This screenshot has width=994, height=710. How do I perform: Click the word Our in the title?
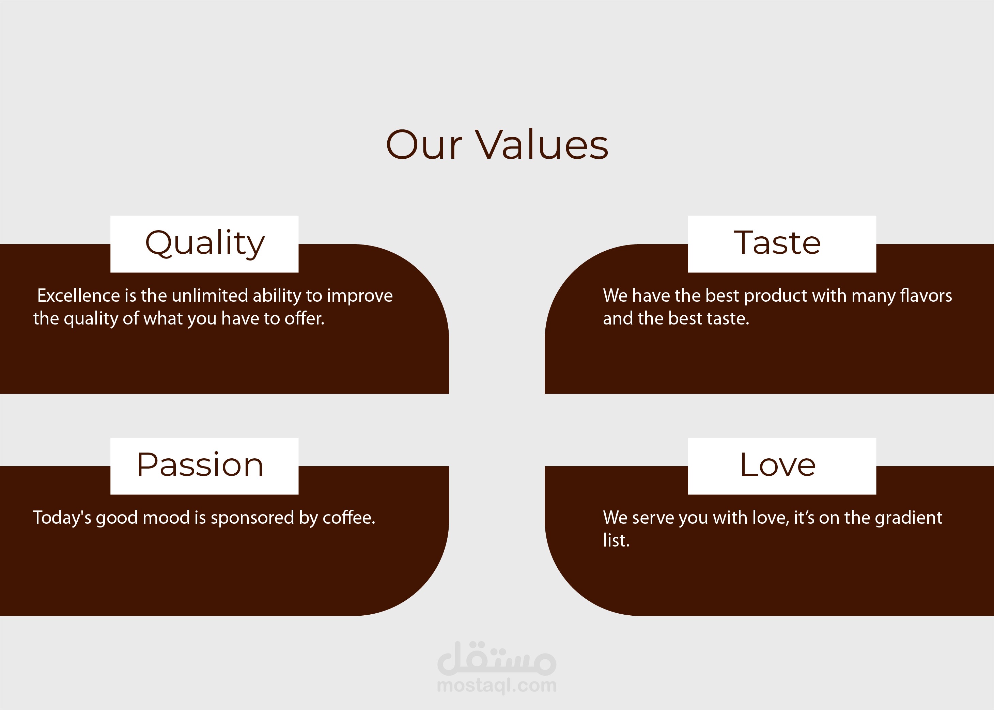[424, 145]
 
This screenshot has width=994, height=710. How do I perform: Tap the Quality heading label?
[205, 243]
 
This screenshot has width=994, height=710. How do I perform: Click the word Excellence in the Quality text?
[78, 296]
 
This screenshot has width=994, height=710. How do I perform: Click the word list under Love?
[616, 540]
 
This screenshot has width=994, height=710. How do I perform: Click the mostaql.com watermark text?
[497, 685]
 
